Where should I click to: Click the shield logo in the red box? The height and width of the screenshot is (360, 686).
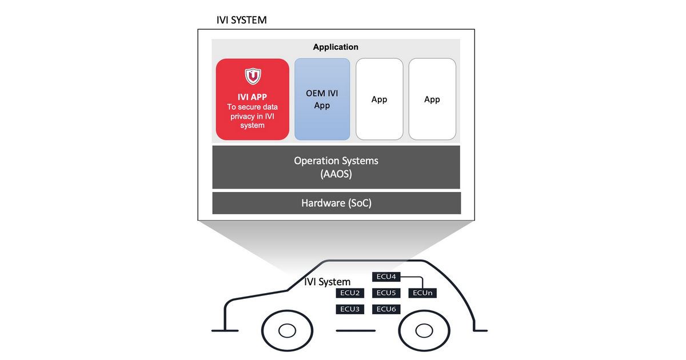[x=253, y=76]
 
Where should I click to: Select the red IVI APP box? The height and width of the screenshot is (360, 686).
[x=252, y=99]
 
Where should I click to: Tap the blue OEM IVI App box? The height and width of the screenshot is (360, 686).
[x=322, y=99]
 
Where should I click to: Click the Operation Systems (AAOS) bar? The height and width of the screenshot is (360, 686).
[x=336, y=167]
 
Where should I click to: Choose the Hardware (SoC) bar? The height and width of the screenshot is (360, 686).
[x=336, y=203]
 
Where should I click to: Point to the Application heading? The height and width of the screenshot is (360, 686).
[x=336, y=47]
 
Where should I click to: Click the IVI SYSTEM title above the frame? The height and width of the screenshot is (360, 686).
[x=241, y=20]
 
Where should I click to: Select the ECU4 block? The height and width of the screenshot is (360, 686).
[x=386, y=277]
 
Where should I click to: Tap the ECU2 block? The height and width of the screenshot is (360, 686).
[x=350, y=293]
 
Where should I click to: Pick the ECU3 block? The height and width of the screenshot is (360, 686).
[x=350, y=309]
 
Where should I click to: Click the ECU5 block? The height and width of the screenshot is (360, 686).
[x=386, y=293]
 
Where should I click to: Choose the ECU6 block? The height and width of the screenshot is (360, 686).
[x=386, y=309]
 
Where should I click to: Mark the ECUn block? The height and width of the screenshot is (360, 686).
[x=422, y=293]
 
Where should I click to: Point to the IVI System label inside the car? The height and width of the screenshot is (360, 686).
[x=327, y=282]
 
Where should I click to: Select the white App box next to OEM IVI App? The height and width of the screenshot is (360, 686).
[x=379, y=99]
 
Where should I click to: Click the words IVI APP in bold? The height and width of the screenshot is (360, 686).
[x=252, y=97]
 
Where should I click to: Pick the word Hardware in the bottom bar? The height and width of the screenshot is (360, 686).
[x=323, y=203]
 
